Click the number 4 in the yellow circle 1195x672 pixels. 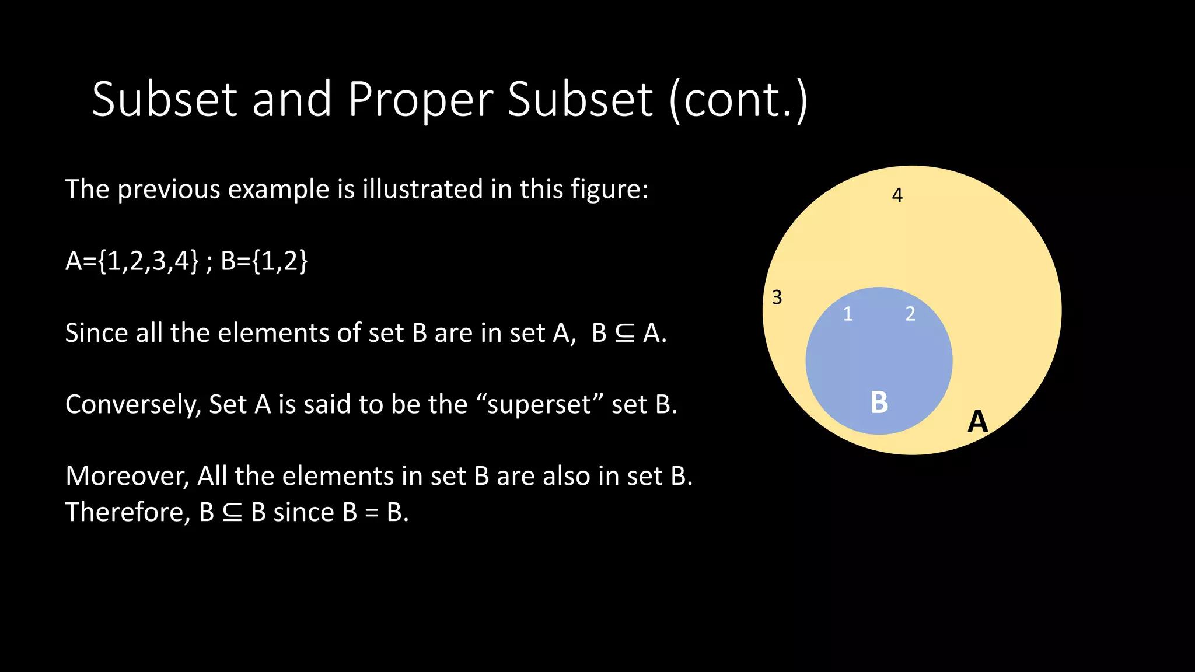[x=897, y=195]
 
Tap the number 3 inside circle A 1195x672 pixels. [x=777, y=297]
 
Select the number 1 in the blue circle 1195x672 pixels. [x=848, y=314]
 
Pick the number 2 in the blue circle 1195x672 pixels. [x=910, y=314]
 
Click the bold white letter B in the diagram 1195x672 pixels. [x=879, y=402]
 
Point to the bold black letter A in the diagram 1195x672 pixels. [x=977, y=421]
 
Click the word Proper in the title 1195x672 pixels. [x=420, y=100]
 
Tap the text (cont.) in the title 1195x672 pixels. [x=738, y=100]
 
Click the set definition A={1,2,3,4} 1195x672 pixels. [x=132, y=261]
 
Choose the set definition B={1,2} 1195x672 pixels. [x=264, y=261]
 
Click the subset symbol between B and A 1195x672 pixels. [x=625, y=334]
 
